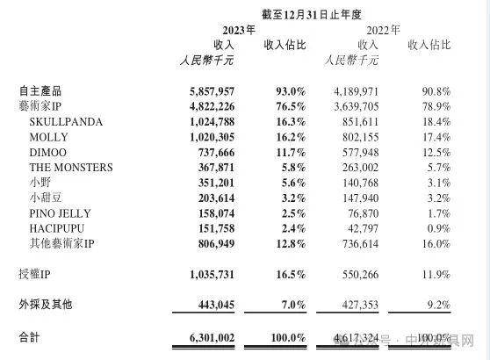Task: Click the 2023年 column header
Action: click(240, 29)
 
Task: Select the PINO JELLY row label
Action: click(61, 212)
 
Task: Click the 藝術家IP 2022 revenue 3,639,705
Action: click(354, 106)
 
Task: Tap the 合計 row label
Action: click(29, 336)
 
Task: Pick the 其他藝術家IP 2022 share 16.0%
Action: click(432, 242)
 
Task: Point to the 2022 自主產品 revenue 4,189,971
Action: click(354, 90)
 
